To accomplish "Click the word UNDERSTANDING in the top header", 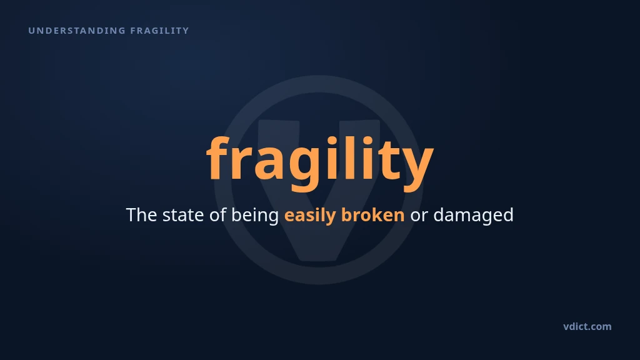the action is point(77,31).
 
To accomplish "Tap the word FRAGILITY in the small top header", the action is point(159,31).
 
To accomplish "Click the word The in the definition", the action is point(141,215).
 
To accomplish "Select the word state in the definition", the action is point(183,215).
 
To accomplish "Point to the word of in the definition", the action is point(217,215).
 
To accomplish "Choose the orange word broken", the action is point(372,215).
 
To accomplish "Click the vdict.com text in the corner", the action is point(587,326).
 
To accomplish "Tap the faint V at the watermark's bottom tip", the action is point(319,258).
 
